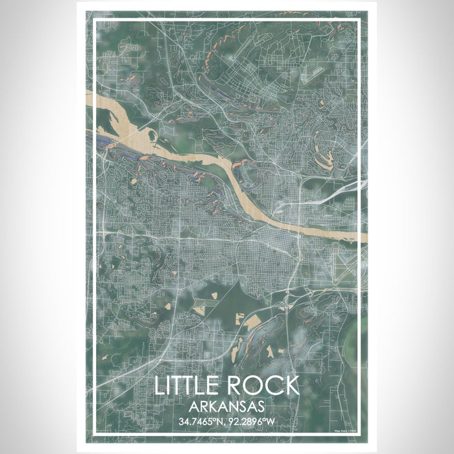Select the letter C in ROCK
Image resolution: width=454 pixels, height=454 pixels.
click(x=272, y=385)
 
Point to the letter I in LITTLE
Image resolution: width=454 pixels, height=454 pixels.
click(x=169, y=385)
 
